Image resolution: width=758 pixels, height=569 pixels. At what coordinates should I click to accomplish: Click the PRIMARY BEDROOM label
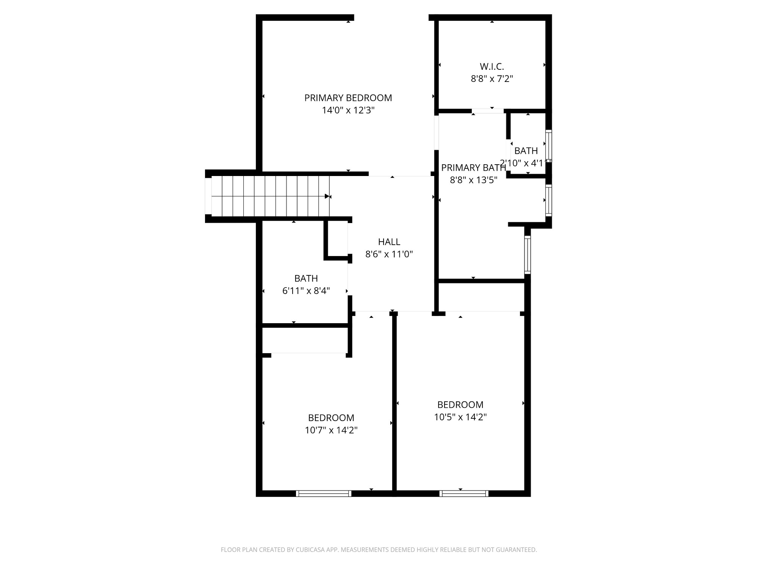pos(348,98)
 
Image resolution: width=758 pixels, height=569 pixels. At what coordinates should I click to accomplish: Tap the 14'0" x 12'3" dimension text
pos(348,110)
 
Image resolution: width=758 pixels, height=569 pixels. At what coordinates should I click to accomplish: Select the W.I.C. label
pos(492,66)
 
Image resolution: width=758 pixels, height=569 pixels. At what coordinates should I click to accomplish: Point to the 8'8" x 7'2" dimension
pos(492,79)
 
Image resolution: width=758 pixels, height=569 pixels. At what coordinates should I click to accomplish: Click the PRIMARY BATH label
pos(473,168)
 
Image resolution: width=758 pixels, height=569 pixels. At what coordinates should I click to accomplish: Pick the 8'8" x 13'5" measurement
pos(473,180)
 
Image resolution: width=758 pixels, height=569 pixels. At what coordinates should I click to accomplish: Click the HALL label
pos(389,242)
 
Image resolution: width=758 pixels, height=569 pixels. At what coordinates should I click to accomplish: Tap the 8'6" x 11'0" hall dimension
pos(389,254)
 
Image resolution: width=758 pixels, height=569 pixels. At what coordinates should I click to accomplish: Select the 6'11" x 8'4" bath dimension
pos(306,291)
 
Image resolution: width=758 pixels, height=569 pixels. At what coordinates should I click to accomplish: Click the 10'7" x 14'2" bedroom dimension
pos(331,430)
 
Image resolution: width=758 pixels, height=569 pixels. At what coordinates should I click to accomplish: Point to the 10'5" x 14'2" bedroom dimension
pos(460,417)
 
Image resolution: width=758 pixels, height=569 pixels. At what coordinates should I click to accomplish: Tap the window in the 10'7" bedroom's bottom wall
pos(323,493)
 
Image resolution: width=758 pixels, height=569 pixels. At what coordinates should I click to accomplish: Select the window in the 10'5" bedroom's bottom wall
pos(464,493)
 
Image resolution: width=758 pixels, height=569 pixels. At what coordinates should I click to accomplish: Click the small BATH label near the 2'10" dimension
pos(526,151)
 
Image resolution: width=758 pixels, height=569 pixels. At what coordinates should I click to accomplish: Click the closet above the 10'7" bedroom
pos(305,340)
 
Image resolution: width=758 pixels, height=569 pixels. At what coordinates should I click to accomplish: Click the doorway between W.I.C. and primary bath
pos(488,111)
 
